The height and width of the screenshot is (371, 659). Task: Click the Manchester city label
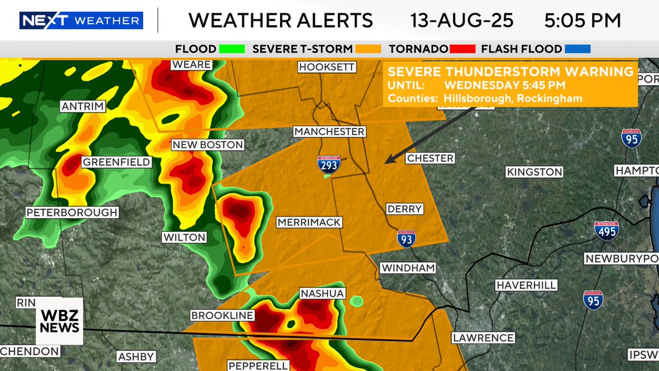[329, 132]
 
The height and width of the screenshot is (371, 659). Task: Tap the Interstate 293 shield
[329, 164]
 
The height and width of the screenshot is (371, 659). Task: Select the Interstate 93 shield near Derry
[406, 239]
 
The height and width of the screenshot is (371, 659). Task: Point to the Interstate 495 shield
[607, 231]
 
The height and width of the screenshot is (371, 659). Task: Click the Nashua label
[322, 294]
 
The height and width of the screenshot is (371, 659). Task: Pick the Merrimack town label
[309, 223]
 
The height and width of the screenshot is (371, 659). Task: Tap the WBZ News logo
[60, 321]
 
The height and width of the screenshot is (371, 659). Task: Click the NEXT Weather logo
[81, 21]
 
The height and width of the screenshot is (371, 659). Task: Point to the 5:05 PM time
[583, 21]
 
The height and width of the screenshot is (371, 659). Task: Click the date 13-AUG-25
[462, 21]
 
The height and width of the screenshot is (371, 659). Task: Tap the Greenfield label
[116, 162]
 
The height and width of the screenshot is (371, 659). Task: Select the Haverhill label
[526, 285]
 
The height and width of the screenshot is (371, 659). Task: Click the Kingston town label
[534, 172]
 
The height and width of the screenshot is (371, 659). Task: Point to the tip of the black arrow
[386, 163]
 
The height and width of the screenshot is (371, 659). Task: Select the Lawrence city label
[483, 338]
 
